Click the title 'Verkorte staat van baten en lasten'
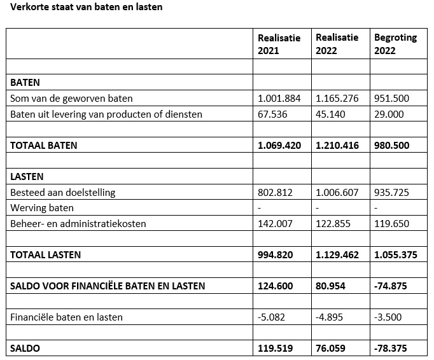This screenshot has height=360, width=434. click(81, 8)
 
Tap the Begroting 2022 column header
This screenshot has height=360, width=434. click(395, 44)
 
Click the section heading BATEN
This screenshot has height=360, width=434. click(25, 83)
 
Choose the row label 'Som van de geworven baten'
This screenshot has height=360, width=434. click(72, 99)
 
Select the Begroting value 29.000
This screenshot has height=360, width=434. click(388, 114)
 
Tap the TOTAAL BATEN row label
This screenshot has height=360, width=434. click(44, 146)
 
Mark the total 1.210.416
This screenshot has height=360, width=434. click(337, 146)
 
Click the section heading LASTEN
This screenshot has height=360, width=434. click(27, 177)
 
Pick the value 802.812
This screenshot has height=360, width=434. click(275, 193)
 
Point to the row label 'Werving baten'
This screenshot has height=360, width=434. click(42, 208)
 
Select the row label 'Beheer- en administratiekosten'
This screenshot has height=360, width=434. click(78, 224)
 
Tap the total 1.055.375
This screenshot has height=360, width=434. click(396, 255)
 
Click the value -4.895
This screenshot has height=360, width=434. click(330, 317)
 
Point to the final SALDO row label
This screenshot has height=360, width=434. click(25, 349)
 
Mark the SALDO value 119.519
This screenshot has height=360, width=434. click(276, 349)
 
